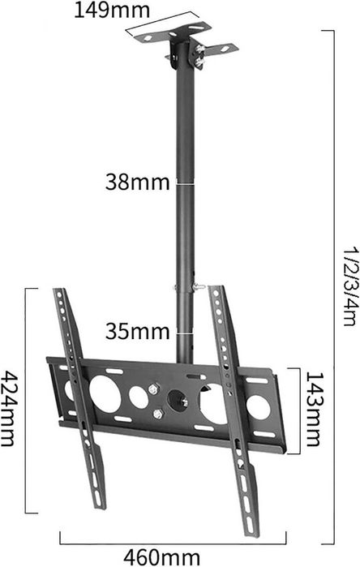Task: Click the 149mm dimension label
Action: (112, 10)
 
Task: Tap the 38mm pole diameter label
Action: (137, 182)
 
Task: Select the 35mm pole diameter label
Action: (137, 331)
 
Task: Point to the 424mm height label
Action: (8, 409)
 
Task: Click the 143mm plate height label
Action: (313, 409)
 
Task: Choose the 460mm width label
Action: (161, 557)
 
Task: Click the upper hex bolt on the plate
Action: (154, 389)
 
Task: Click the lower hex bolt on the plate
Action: (158, 414)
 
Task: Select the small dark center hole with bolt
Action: (178, 400)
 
